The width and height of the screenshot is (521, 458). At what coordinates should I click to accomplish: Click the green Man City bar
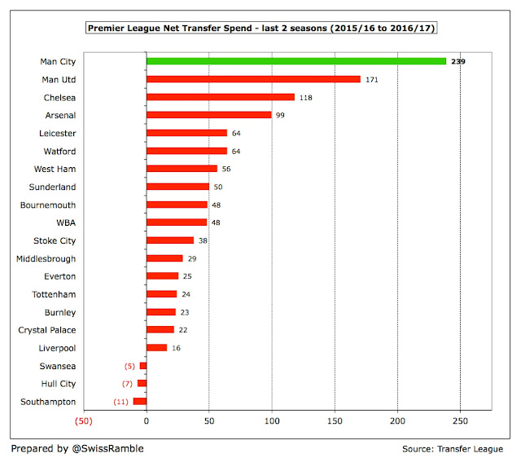296,61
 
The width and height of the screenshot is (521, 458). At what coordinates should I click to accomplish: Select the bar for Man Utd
253,79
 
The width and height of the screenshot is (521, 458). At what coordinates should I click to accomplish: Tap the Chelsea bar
220,97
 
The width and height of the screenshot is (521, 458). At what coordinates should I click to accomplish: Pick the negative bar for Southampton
140,401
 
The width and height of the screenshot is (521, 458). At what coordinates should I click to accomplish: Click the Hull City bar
142,383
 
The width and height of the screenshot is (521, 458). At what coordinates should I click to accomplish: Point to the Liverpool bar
156,347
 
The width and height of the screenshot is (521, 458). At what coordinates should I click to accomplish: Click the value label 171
372,79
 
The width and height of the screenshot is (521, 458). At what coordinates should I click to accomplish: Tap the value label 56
227,169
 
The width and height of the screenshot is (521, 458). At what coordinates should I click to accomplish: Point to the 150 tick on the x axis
335,421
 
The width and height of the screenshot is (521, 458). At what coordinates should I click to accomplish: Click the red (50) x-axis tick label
83,421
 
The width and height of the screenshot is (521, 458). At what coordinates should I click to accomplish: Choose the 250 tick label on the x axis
460,421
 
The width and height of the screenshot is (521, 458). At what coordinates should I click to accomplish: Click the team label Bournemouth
48,205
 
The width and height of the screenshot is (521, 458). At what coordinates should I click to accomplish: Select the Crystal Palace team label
47,329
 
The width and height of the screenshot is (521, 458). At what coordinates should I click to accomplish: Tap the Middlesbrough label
46,258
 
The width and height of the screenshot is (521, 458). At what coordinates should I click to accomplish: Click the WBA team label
65,222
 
